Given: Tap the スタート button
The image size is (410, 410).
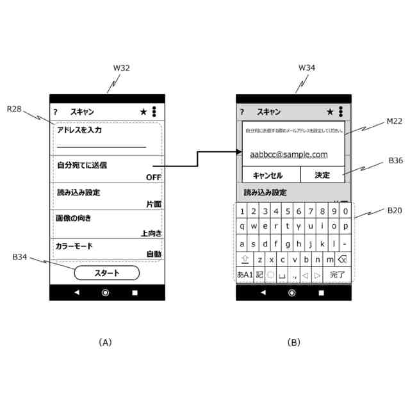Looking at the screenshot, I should (x=106, y=273).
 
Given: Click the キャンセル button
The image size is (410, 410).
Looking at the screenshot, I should (x=268, y=175).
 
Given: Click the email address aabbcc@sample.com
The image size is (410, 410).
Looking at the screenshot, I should (x=289, y=154).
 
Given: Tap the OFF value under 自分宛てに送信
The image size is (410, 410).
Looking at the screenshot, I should (x=154, y=177).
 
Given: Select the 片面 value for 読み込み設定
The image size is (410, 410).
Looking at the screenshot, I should (x=153, y=204).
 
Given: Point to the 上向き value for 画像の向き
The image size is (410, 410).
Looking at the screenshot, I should (x=152, y=233).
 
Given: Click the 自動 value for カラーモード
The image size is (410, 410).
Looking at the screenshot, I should (x=154, y=254).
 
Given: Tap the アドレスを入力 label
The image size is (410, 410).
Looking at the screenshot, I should (x=79, y=131).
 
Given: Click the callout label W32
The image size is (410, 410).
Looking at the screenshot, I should (x=121, y=68).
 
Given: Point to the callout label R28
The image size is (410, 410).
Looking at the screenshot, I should (x=15, y=110).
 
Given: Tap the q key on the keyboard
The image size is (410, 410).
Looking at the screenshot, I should (x=242, y=225).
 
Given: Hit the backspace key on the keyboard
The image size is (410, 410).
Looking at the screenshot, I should (x=341, y=259).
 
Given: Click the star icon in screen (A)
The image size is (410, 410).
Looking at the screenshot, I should (x=143, y=111).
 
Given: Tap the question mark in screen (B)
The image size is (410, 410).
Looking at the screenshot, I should (x=242, y=112).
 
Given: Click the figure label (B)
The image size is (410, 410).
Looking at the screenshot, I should (x=293, y=343).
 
